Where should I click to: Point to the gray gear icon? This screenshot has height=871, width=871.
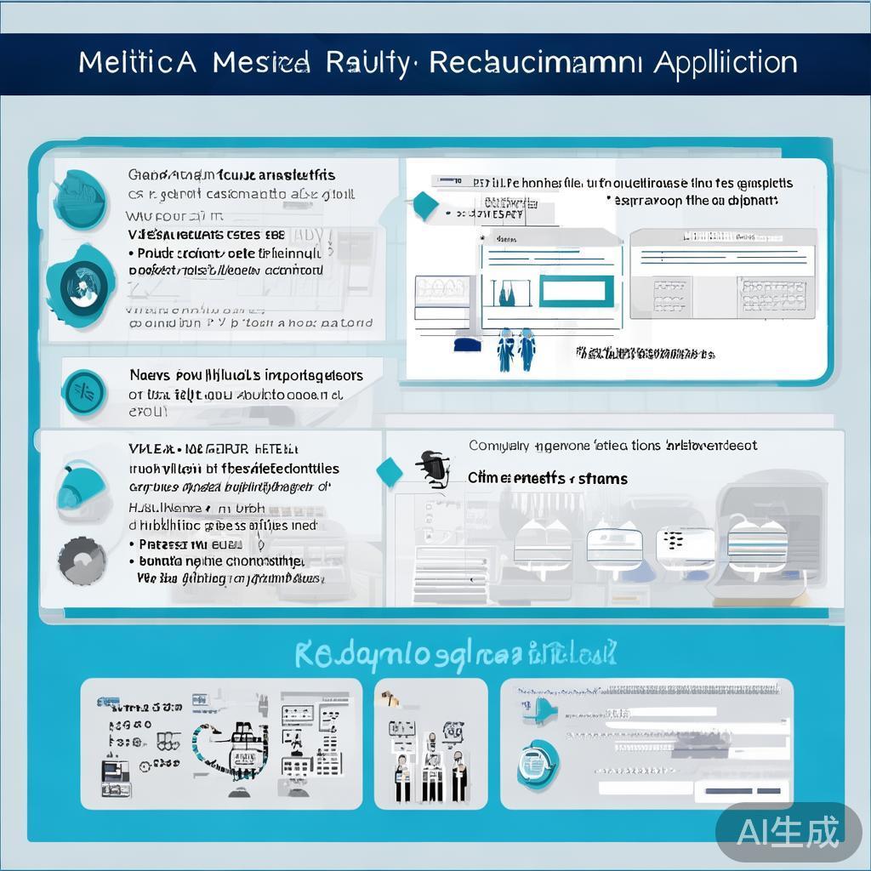[83, 561]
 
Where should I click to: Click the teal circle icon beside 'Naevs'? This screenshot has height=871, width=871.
[85, 391]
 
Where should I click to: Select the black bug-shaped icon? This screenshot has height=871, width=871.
[433, 469]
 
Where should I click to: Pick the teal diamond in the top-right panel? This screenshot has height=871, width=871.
[424, 203]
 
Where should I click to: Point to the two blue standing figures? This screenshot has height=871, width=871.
[516, 349]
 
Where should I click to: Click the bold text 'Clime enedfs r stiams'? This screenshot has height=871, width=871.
[548, 479]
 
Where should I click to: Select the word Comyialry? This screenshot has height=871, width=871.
[498, 446]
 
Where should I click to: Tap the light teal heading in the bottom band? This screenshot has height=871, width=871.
[455, 654]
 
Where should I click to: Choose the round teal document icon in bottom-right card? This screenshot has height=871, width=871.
[538, 762]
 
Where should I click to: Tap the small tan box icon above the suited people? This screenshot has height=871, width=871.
[390, 698]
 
